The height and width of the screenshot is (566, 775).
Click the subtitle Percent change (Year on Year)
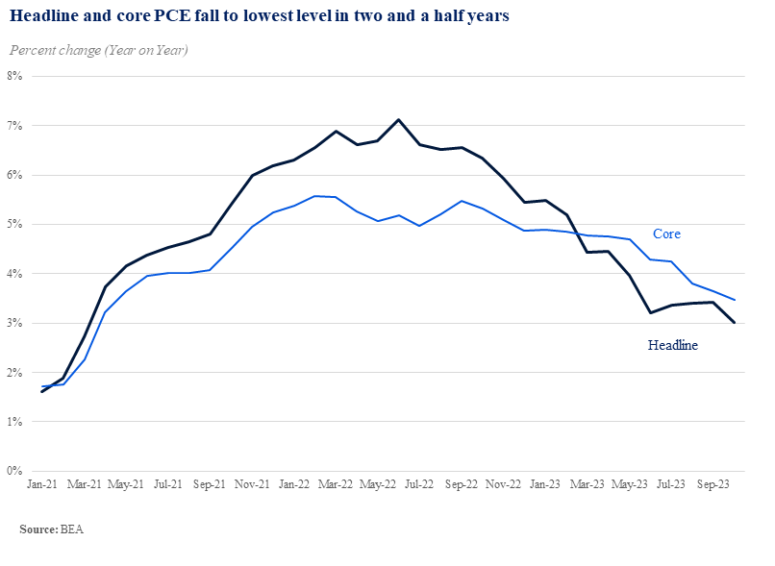click(99, 50)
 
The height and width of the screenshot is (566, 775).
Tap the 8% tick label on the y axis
click(14, 76)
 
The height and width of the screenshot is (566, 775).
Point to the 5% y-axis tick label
click(14, 224)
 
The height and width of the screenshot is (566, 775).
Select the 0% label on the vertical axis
click(14, 471)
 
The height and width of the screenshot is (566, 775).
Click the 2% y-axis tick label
click(14, 373)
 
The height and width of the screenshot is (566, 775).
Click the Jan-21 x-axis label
click(42, 484)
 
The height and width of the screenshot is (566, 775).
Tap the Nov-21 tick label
click(252, 484)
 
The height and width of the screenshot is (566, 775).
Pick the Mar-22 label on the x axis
click(336, 484)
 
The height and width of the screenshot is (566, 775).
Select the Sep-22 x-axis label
click(462, 484)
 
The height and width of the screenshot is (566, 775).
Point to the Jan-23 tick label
click(545, 484)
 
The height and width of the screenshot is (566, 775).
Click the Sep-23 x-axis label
click(713, 484)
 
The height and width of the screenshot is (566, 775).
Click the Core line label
click(666, 234)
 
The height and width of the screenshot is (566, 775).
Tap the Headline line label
click(673, 345)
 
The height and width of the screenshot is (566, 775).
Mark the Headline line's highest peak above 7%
click(398, 119)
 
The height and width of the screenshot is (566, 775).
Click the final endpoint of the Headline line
click(734, 323)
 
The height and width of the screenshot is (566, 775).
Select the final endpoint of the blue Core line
click(734, 300)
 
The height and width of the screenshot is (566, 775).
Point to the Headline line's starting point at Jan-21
click(42, 392)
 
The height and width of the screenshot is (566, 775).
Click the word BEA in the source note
click(72, 529)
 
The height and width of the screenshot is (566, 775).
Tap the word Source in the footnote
click(38, 529)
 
